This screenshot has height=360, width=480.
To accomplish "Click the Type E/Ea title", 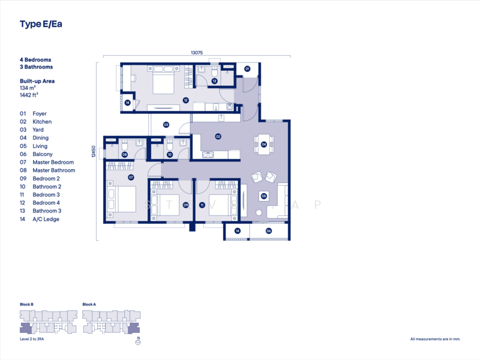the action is click(x=41, y=24).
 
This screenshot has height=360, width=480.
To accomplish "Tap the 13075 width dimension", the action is click(x=197, y=53).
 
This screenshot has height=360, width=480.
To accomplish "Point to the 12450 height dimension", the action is click(x=94, y=152).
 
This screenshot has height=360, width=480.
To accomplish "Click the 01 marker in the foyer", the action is click(x=247, y=69).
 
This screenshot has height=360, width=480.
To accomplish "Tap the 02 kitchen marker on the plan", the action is click(x=218, y=137).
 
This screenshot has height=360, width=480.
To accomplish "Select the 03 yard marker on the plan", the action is click(x=166, y=125).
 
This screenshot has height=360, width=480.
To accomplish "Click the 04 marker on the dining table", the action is click(x=263, y=144).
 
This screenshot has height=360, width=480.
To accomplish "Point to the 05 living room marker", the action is click(x=263, y=196).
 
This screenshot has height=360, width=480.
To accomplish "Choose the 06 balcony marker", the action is click(x=268, y=231).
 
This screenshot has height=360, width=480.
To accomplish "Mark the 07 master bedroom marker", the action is click(x=131, y=177).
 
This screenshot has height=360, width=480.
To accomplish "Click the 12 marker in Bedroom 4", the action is click(x=185, y=100).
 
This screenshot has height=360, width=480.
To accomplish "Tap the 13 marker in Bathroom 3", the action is click(x=214, y=81).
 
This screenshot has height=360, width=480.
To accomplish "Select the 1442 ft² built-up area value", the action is click(x=29, y=95).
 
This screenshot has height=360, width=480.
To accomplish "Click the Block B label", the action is click(x=26, y=304).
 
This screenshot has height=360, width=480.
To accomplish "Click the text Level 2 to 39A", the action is click(x=32, y=339).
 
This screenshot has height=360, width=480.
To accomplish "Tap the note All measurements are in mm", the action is click(x=436, y=339).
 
